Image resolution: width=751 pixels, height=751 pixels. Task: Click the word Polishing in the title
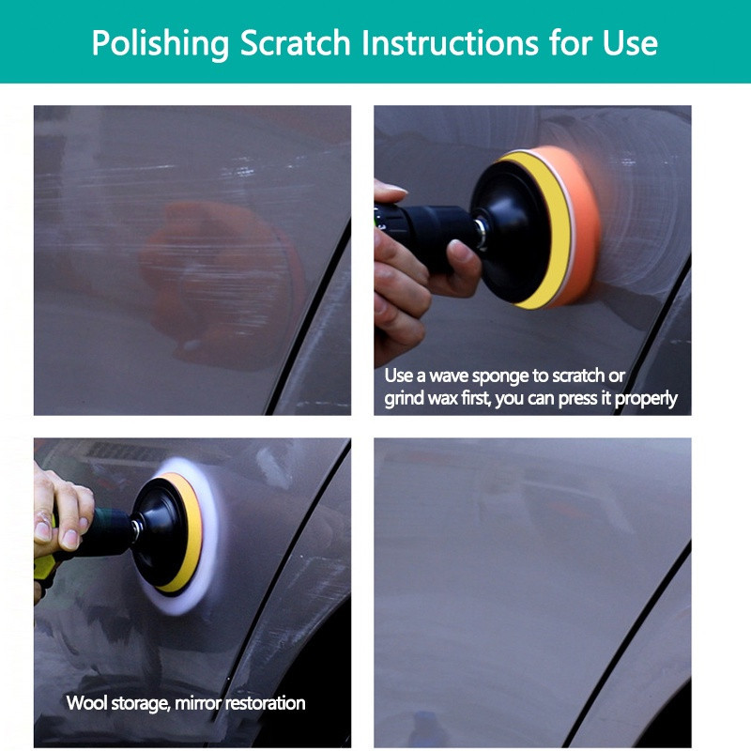tap(161, 44)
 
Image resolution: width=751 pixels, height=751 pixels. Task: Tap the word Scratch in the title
tap(296, 43)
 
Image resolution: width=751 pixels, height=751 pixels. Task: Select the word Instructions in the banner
tap(451, 43)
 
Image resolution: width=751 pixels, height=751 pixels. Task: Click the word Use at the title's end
tap(630, 43)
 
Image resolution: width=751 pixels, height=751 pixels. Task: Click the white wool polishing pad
tap(192, 536)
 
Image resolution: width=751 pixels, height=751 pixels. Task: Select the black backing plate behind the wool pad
tap(162, 532)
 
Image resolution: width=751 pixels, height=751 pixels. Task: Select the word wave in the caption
tap(449, 376)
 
